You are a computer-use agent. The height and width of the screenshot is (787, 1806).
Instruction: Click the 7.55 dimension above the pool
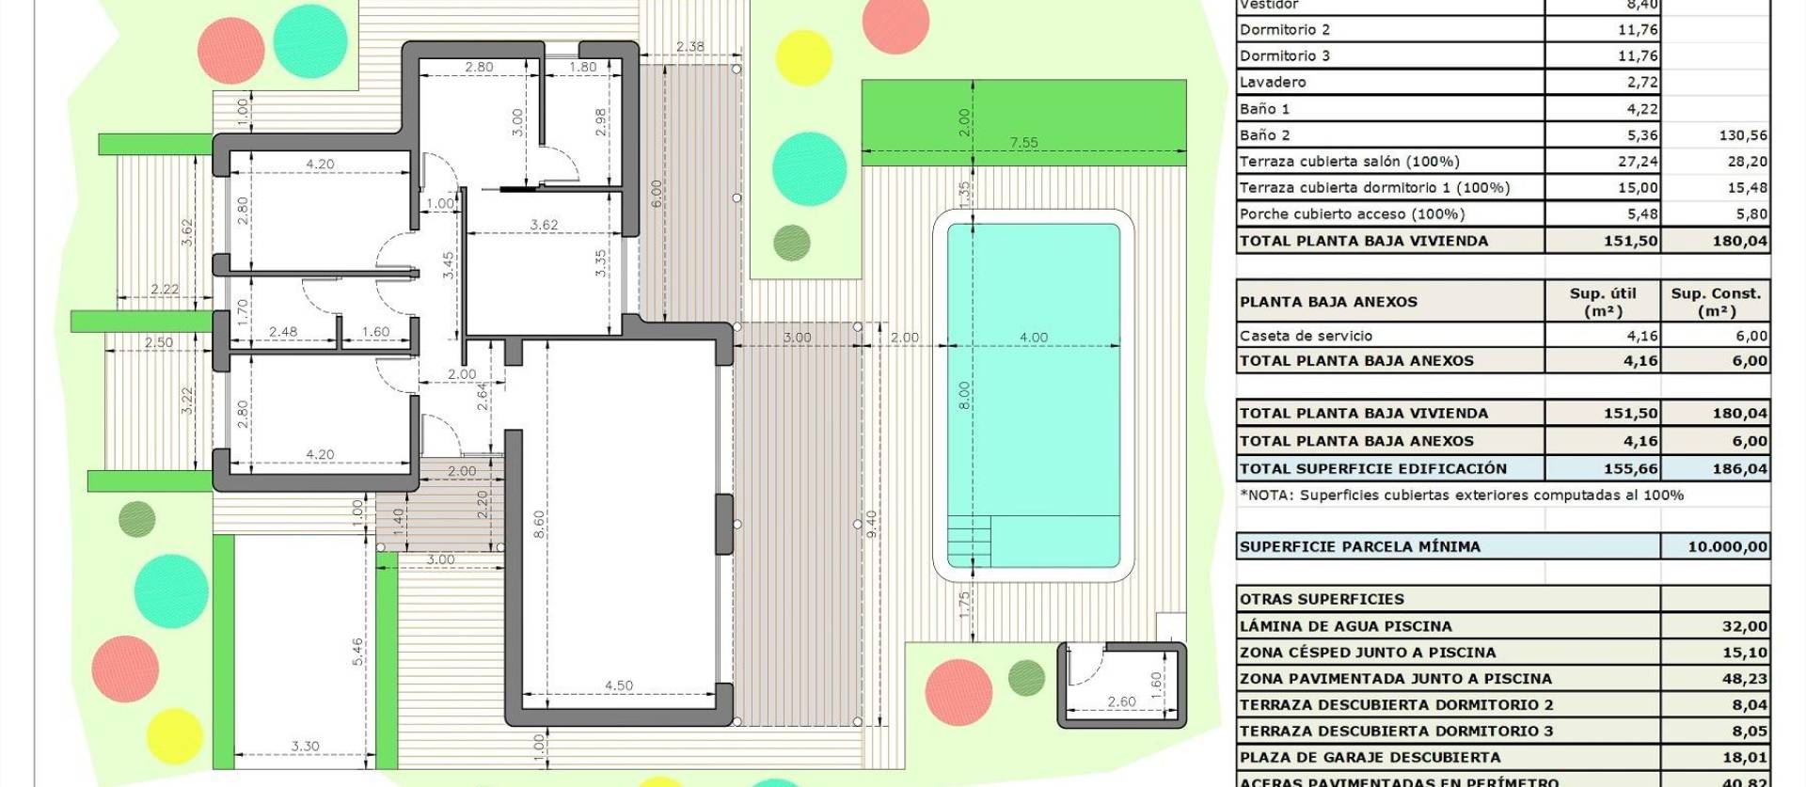tap(1023, 143)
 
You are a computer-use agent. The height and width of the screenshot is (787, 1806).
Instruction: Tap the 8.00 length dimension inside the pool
tap(964, 395)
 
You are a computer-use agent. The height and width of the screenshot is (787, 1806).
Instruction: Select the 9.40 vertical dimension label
tap(871, 523)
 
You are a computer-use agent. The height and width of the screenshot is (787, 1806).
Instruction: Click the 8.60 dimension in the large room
tap(538, 523)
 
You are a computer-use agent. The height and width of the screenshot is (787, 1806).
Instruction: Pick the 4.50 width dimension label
tap(618, 685)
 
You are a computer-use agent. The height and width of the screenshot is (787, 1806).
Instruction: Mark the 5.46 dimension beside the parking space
tap(357, 652)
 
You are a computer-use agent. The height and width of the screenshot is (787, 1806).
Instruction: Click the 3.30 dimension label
tap(305, 747)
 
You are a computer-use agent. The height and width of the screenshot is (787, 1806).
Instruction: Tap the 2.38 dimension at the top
tap(689, 47)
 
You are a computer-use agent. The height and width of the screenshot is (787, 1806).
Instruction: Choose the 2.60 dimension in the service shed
tap(1121, 701)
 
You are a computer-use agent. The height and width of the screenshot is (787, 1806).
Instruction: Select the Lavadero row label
tap(1273, 82)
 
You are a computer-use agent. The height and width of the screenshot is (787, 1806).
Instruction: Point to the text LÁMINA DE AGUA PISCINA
tap(1345, 626)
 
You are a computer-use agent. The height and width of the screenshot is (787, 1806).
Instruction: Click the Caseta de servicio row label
tap(1306, 336)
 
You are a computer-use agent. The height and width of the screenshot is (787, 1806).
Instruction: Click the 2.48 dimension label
tap(283, 332)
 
